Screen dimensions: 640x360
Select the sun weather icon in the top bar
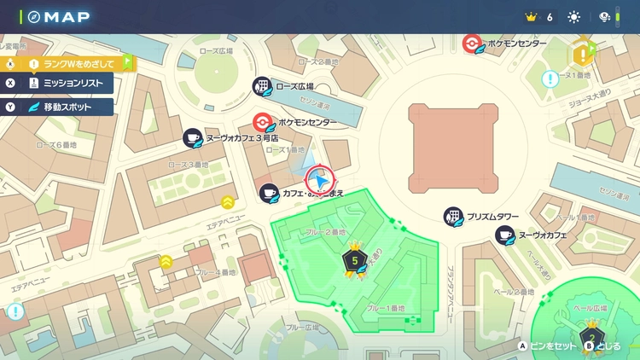pyautogui.click(x=573, y=17)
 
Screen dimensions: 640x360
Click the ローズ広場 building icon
pyautogui.click(x=262, y=86)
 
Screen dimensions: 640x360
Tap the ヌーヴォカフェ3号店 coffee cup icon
pyautogui.click(x=193, y=138)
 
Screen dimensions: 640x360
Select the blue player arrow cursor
pyautogui.click(x=319, y=180)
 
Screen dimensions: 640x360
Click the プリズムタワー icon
pyautogui.click(x=454, y=217)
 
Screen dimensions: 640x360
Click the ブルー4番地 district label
pyautogui.click(x=213, y=273)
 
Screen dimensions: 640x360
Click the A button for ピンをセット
pyautogui.click(x=522, y=346)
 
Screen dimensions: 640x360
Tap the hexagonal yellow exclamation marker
pyautogui.click(x=585, y=54)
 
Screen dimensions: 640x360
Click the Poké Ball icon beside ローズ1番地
pyautogui.click(x=265, y=123)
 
